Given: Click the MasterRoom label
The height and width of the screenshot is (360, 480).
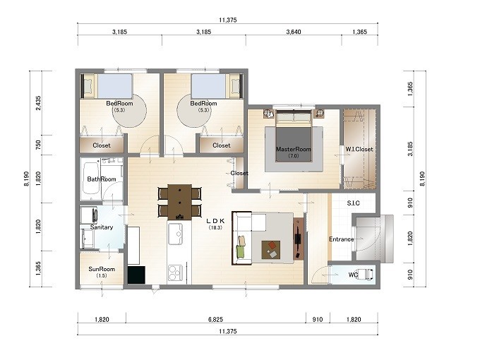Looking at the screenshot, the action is coord(293,150).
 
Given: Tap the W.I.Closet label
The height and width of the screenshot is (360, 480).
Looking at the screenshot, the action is coord(359,150).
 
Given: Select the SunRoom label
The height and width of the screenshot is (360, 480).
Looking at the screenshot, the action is coord(102,269).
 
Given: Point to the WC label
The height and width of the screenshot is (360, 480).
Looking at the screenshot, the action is coord(353,275).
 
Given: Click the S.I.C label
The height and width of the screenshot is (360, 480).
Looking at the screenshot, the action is coord(353,203).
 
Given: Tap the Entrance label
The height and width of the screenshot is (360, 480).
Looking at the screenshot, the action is coord(342,239).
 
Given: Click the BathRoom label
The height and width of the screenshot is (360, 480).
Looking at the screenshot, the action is coord(102,179).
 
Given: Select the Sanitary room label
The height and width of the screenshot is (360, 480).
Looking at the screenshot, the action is coord(102,227).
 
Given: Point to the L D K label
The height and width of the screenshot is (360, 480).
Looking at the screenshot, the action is coord(215,221).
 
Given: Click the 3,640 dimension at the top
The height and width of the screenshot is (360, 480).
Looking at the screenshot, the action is coord(294,32).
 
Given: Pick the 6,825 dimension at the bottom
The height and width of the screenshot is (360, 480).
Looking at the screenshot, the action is coord(215,319).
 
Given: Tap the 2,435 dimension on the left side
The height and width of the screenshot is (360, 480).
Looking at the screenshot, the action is coord(38,103).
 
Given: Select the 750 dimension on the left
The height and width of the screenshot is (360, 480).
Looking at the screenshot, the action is coord(38,145).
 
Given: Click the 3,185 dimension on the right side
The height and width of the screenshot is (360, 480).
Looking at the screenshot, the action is coord(410,149).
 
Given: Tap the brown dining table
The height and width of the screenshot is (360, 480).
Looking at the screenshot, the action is coord(180,202).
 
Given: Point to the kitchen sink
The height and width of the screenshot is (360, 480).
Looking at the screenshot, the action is coord(175,234).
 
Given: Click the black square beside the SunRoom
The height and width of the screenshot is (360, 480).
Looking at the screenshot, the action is coord(136,275).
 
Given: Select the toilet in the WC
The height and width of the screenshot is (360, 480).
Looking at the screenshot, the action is coord(366,275).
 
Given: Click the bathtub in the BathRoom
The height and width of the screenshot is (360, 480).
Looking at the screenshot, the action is coord(91,179).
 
